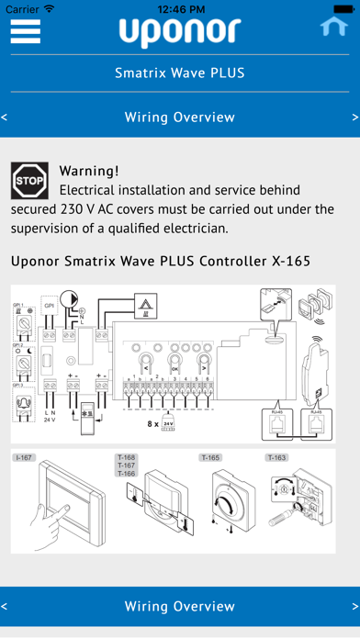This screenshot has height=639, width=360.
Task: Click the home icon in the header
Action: point(333,27)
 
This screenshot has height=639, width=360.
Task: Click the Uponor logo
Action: point(179,33)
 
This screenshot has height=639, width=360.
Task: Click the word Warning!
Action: point(89,171)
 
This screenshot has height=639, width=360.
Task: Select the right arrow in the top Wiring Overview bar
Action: point(355,118)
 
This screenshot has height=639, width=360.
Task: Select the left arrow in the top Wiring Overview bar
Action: point(5,118)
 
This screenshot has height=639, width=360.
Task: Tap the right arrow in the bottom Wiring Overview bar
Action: point(355,606)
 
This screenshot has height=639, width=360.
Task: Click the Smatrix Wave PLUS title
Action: point(179,73)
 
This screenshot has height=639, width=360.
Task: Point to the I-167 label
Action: point(21,456)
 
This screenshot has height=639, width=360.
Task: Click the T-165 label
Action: point(211,456)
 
